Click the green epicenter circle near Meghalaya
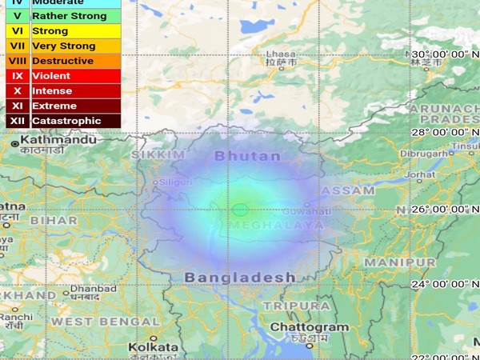click(240, 210)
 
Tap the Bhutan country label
click(248, 155)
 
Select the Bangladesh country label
click(240, 277)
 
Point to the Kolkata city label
click(153, 347)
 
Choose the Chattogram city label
click(309, 327)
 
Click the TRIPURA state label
click(297, 306)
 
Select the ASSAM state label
click(348, 191)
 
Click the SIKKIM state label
click(152, 154)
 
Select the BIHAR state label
click(55, 219)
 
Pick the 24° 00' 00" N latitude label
click(443, 283)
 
